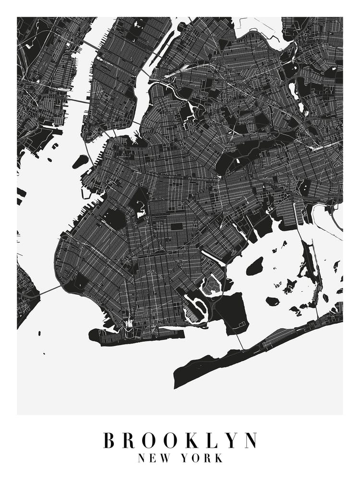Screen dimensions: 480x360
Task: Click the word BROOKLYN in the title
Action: point(180,441)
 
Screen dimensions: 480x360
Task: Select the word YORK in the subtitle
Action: point(202,458)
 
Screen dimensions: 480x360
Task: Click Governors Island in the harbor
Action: point(80,161)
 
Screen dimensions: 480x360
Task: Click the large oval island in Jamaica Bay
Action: point(255,265)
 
